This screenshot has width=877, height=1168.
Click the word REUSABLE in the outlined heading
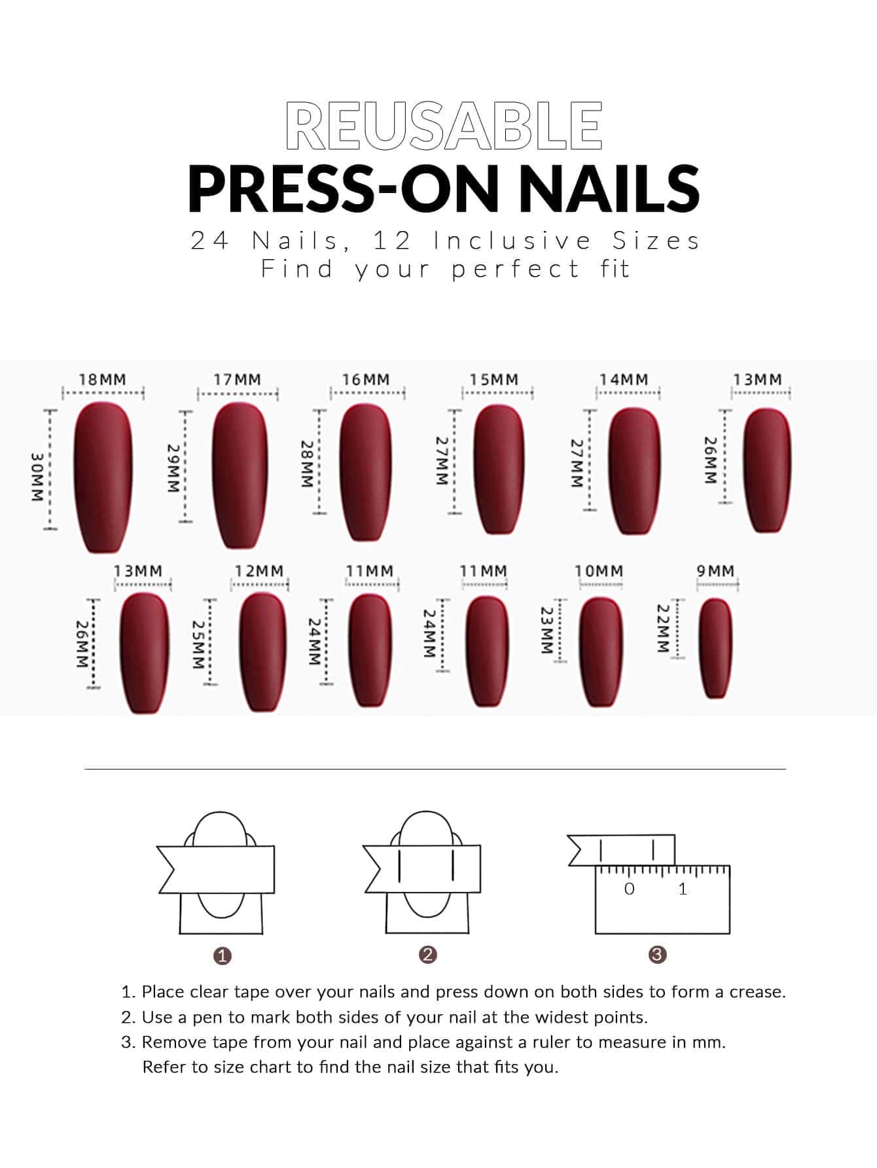pos(444,125)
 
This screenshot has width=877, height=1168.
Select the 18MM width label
pos(103,380)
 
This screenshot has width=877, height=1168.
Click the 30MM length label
pos(38,476)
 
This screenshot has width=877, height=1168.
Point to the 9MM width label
pos(715,571)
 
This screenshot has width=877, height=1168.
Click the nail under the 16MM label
pos(366,472)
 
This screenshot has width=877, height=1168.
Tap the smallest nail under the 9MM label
pos(715,648)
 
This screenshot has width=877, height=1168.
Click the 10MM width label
pos(599,571)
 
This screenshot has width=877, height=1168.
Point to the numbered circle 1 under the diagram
pos(223,955)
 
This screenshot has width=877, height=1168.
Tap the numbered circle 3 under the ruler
pos(657,955)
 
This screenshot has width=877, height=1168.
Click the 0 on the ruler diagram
pos(630,889)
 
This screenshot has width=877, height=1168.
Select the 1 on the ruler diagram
pos(683,889)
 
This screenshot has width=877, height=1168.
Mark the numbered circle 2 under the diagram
pos(428,955)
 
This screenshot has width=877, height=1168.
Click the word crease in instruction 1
pos(757,992)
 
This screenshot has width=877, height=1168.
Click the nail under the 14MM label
pos(633,470)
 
